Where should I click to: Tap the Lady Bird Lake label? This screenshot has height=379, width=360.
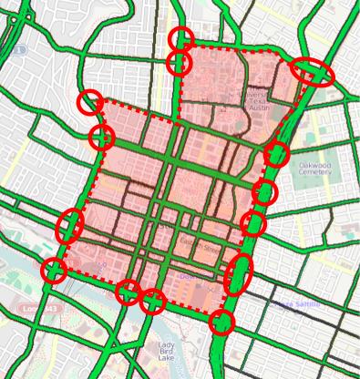(165, 351)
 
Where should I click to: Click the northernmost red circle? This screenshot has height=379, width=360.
(181, 38)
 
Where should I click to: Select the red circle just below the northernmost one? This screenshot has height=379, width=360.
(180, 63)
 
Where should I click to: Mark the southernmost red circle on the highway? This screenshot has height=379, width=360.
(221, 322)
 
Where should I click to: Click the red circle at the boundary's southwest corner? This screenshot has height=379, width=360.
(55, 270)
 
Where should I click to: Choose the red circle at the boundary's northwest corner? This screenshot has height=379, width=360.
(88, 102)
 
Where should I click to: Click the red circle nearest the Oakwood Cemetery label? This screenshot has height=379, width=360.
(277, 154)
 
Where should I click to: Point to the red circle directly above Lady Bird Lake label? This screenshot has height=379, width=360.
(153, 301)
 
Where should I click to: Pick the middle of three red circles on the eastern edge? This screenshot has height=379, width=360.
(265, 192)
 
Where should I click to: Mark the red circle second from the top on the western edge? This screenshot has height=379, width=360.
(102, 138)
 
